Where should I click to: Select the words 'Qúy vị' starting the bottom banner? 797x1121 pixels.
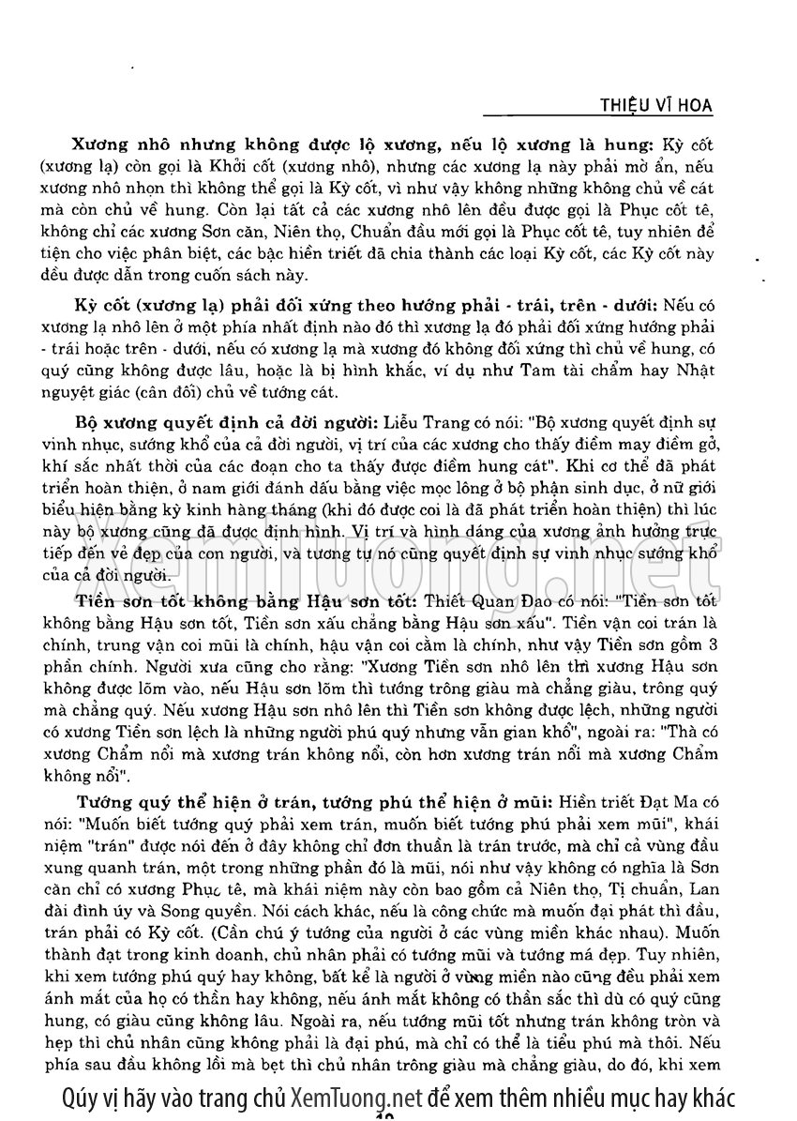84,1097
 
